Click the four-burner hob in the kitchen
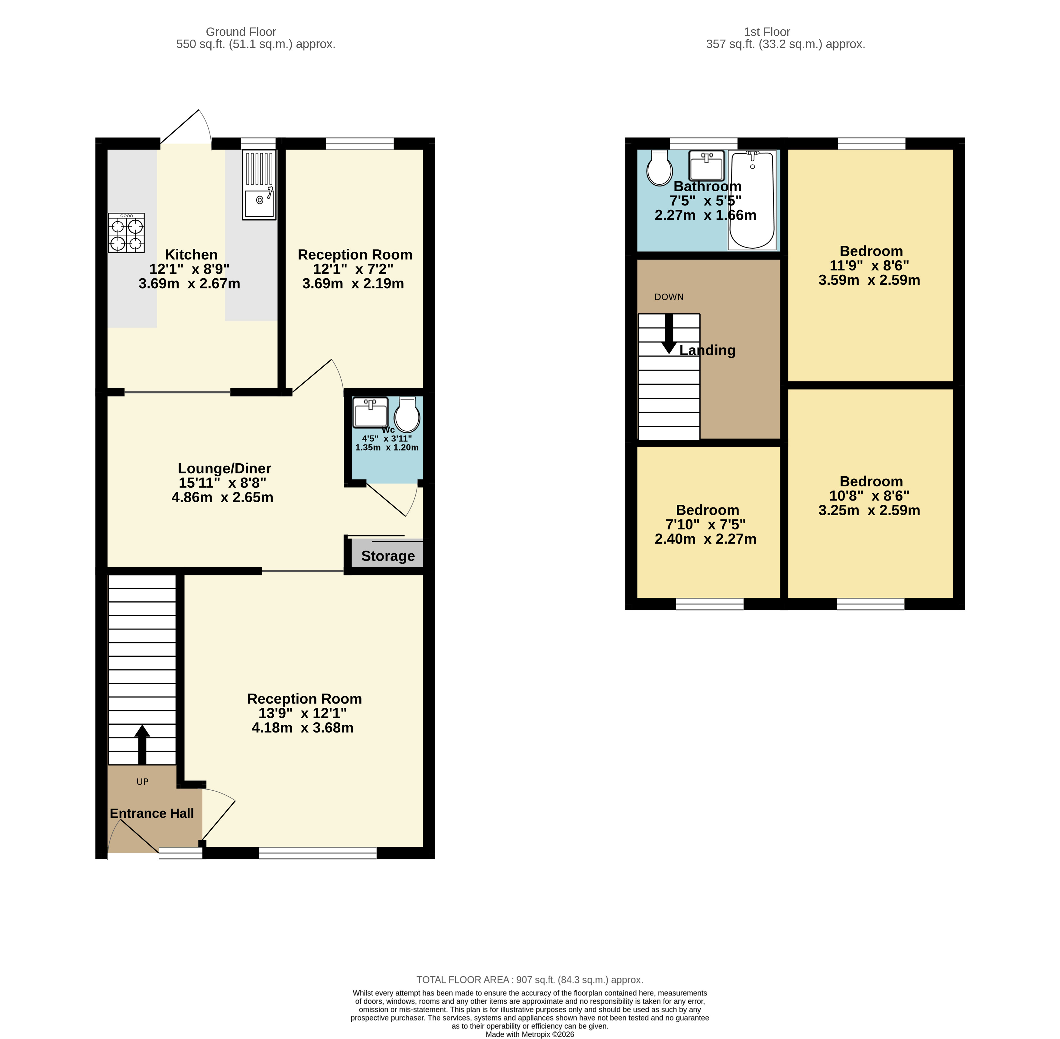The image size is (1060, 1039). click(126, 232)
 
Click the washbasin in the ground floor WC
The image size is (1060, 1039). click(370, 413)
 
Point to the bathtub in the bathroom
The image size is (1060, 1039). click(752, 200)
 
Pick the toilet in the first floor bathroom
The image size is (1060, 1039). click(659, 169)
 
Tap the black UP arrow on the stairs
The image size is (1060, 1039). click(142, 744)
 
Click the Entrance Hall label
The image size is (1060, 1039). click(152, 813)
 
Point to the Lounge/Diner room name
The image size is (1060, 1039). click(224, 468)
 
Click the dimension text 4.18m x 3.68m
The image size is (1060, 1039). click(302, 727)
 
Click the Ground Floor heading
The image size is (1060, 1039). click(241, 32)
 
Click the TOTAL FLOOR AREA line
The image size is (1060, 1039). click(530, 979)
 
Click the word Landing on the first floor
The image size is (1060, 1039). click(707, 350)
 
